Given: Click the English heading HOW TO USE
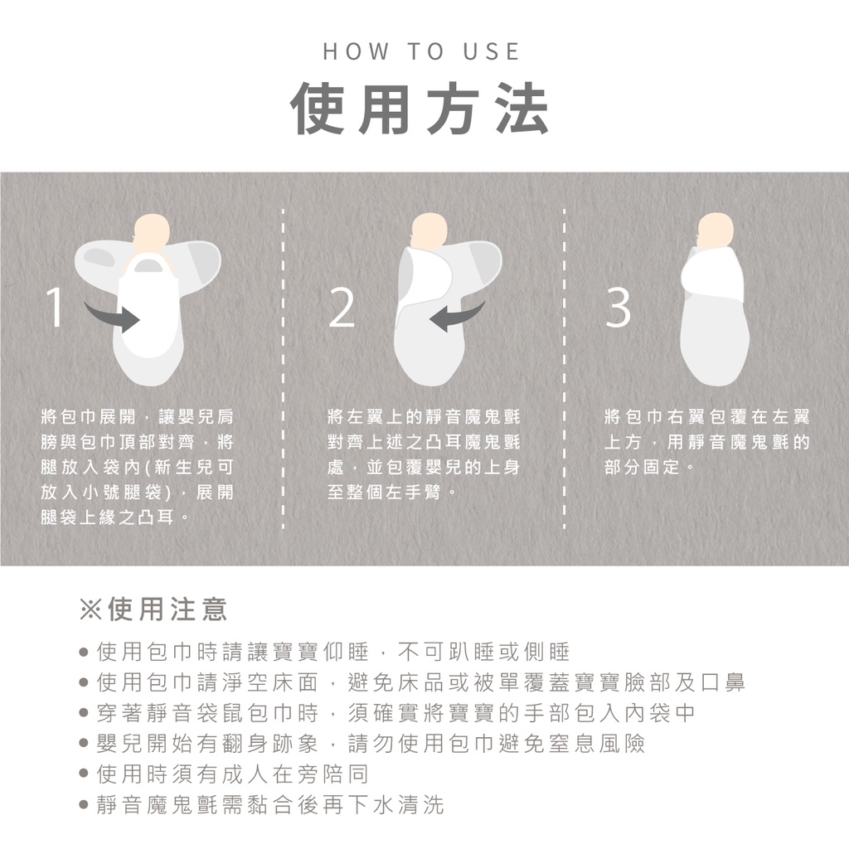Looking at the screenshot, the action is pyautogui.click(x=421, y=51).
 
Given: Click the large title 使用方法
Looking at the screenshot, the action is pyautogui.click(x=420, y=109).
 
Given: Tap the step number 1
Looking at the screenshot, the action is pyautogui.click(x=55, y=308).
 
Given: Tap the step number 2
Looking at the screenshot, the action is pyautogui.click(x=342, y=308).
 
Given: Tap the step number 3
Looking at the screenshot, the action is pyautogui.click(x=618, y=308).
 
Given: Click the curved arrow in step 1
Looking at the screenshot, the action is pyautogui.click(x=112, y=317).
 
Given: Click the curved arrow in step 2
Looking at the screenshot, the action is pyautogui.click(x=457, y=317).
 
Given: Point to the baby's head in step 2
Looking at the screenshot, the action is pyautogui.click(x=428, y=233).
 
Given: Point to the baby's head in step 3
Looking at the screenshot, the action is pyautogui.click(x=715, y=233).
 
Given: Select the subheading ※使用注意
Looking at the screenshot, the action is pyautogui.click(x=153, y=609).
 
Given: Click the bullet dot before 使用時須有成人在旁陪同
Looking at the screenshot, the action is pyautogui.click(x=84, y=775).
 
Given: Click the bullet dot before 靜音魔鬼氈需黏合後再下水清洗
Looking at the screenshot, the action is pyautogui.click(x=84, y=805).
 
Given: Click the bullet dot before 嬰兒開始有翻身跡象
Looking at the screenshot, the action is pyautogui.click(x=84, y=744).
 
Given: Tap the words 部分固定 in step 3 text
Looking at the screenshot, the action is pyautogui.click(x=643, y=467).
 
